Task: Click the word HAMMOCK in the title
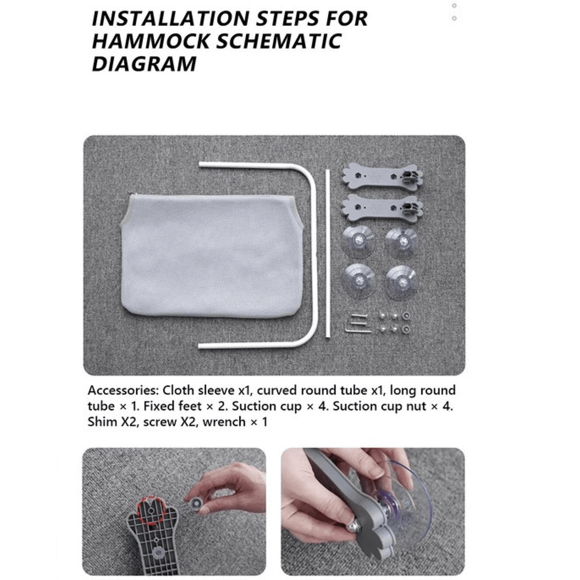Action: click(x=151, y=41)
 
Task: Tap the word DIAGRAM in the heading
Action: click(x=144, y=64)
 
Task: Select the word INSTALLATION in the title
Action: click(x=170, y=18)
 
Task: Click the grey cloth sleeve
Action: click(x=212, y=256)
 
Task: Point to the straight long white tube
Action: click(x=328, y=253)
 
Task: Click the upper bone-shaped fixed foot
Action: click(x=382, y=176)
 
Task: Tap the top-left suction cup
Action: click(x=358, y=242)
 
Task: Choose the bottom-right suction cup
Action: click(x=401, y=283)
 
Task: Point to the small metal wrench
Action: click(x=358, y=323)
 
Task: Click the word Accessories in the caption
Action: click(x=123, y=391)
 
